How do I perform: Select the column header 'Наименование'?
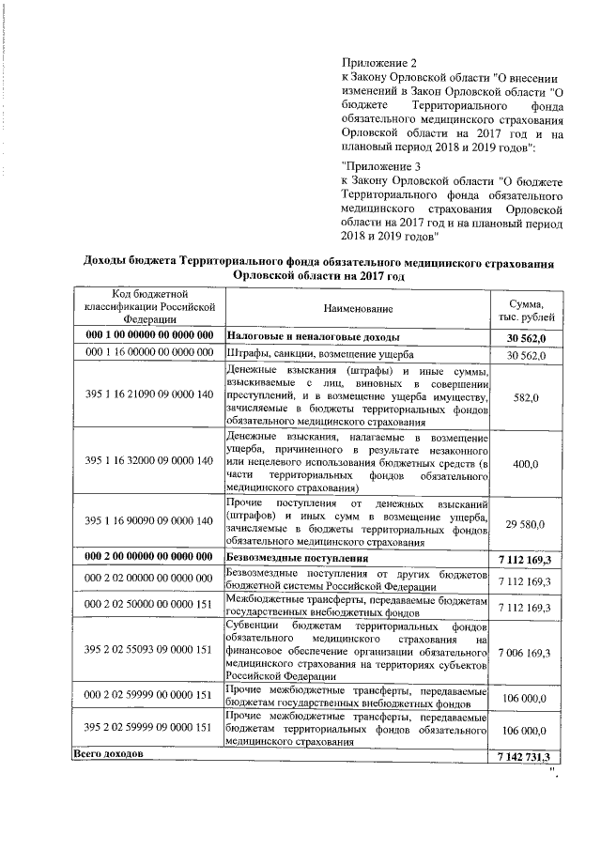point(359,308)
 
